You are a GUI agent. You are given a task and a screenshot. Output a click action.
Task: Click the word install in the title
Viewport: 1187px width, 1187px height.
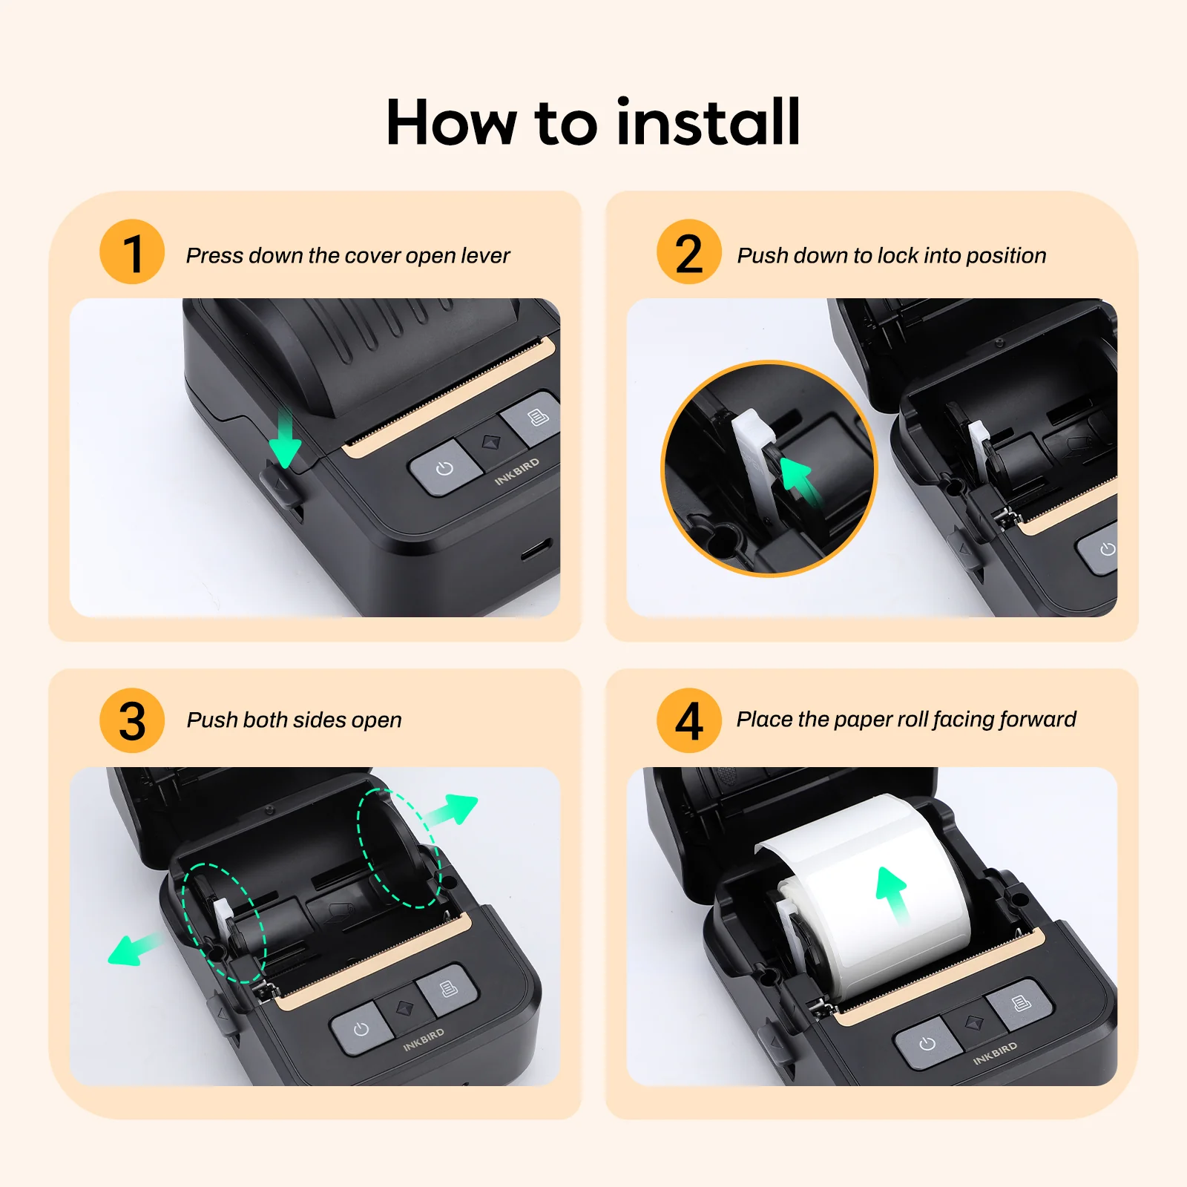[x=708, y=122]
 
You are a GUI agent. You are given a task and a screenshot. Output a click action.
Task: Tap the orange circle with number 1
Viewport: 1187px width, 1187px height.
[x=132, y=252]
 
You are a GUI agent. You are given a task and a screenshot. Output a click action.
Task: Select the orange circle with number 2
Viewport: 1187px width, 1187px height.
[x=688, y=252]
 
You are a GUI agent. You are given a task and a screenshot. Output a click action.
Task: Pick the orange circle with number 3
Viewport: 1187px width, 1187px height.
[x=132, y=720]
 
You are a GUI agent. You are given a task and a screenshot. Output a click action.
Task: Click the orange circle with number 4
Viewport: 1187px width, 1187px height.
[x=688, y=720]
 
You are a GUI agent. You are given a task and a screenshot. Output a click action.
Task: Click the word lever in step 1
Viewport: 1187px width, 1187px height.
[x=485, y=256]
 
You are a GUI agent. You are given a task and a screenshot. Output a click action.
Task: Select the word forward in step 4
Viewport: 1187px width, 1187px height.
[x=1037, y=720]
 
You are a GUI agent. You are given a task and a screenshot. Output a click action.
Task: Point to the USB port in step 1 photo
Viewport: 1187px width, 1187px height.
[x=536, y=550]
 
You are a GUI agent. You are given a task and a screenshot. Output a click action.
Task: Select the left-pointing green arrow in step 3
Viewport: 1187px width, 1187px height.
[x=134, y=950]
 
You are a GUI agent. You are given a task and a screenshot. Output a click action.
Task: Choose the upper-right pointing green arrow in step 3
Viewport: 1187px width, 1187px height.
[x=453, y=809]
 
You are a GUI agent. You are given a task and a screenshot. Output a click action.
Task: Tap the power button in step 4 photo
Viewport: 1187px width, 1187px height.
[x=927, y=1044]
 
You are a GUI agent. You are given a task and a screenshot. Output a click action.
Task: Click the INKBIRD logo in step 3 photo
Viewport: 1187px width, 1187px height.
[x=424, y=1039]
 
